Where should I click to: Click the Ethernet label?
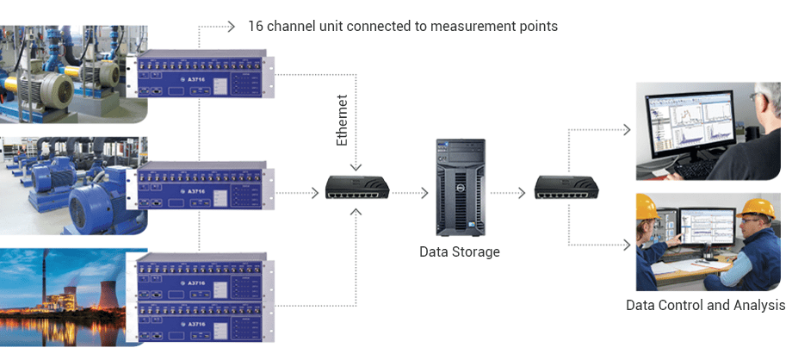pos(342,121)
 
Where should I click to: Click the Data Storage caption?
pos(459,251)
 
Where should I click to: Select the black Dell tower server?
pos(461,187)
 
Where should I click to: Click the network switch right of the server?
pos(566,188)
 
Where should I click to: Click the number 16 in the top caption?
pos(256,26)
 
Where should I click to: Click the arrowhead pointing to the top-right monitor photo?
pos(626,130)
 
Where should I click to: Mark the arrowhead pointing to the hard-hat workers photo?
pos(626,245)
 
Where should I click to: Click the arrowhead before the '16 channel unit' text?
pos(231,26)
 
